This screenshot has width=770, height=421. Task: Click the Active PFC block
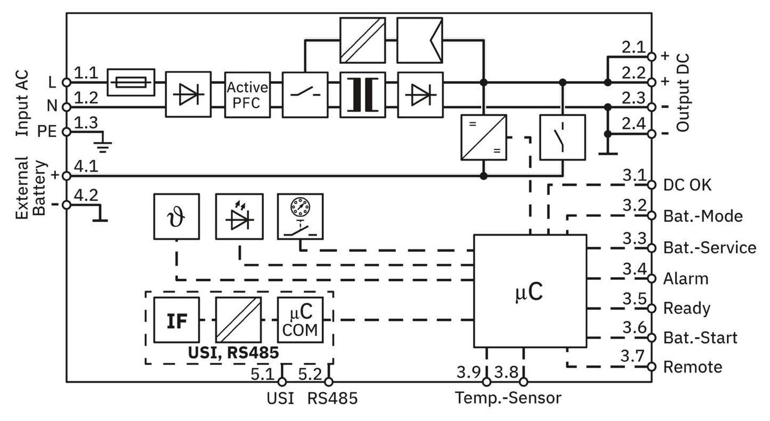(247, 95)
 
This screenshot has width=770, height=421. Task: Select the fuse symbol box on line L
(131, 83)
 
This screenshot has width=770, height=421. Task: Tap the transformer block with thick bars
(363, 95)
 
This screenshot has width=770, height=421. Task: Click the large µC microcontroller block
(530, 291)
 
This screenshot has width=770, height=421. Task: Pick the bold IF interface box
(176, 320)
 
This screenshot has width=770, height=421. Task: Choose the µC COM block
(301, 320)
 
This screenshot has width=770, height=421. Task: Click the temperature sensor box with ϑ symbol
(176, 216)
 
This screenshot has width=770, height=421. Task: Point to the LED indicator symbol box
(239, 216)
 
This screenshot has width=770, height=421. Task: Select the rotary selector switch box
(301, 216)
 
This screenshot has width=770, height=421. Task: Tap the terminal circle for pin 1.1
(67, 83)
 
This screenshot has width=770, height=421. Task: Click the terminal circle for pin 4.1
(67, 176)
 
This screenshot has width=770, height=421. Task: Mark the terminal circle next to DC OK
(651, 185)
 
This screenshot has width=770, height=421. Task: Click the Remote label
(692, 367)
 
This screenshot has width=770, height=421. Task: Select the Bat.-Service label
(709, 248)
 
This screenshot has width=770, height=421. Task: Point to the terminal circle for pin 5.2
(329, 382)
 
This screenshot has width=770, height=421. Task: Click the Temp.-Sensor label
(508, 398)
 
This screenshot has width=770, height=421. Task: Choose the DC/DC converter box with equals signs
(484, 137)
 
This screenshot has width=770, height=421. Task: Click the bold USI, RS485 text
(233, 353)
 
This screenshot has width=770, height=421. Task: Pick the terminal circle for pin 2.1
(651, 56)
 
